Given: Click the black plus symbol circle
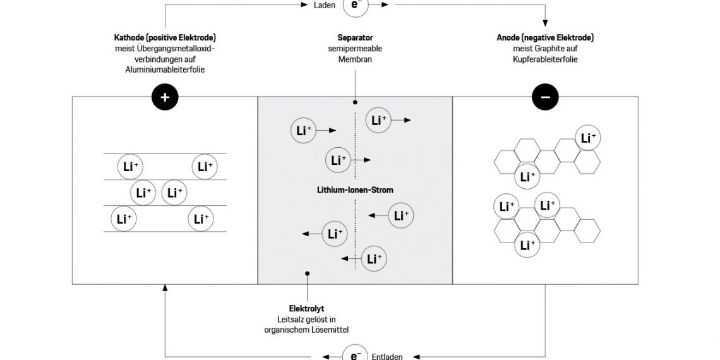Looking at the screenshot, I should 165,97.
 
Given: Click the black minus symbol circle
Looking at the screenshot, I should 545,97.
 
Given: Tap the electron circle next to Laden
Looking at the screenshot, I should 355,5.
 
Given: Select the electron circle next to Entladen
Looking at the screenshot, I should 355,354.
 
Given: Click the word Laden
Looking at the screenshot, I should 323,5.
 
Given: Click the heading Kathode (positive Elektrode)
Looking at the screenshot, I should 165,38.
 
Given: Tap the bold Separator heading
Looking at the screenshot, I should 354,38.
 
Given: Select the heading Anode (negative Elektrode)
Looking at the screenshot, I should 545,38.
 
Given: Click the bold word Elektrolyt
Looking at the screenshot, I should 306,309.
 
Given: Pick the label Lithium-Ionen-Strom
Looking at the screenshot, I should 355,189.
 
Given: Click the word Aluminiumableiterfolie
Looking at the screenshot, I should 165,70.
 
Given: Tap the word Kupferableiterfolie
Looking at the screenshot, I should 545,59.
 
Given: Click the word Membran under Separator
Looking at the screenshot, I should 354,59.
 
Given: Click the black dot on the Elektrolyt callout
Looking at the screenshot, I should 307,274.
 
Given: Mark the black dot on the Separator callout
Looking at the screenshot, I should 355,102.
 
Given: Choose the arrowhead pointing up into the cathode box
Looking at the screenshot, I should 165,288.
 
